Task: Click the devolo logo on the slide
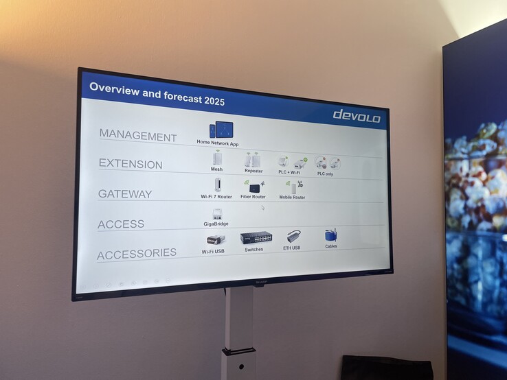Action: [x=356, y=115]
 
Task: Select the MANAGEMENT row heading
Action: [x=137, y=136]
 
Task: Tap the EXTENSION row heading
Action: [x=130, y=165]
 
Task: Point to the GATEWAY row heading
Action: [x=124, y=193]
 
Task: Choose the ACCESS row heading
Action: [x=120, y=224]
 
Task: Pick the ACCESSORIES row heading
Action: [x=136, y=254]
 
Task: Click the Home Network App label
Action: [x=218, y=143]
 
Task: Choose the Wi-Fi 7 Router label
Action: [x=216, y=197]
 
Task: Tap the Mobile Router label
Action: [x=291, y=198]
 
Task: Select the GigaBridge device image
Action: [x=216, y=214]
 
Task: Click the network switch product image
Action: [x=256, y=238]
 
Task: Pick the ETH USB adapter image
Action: [x=293, y=237]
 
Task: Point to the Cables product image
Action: [x=330, y=235]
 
